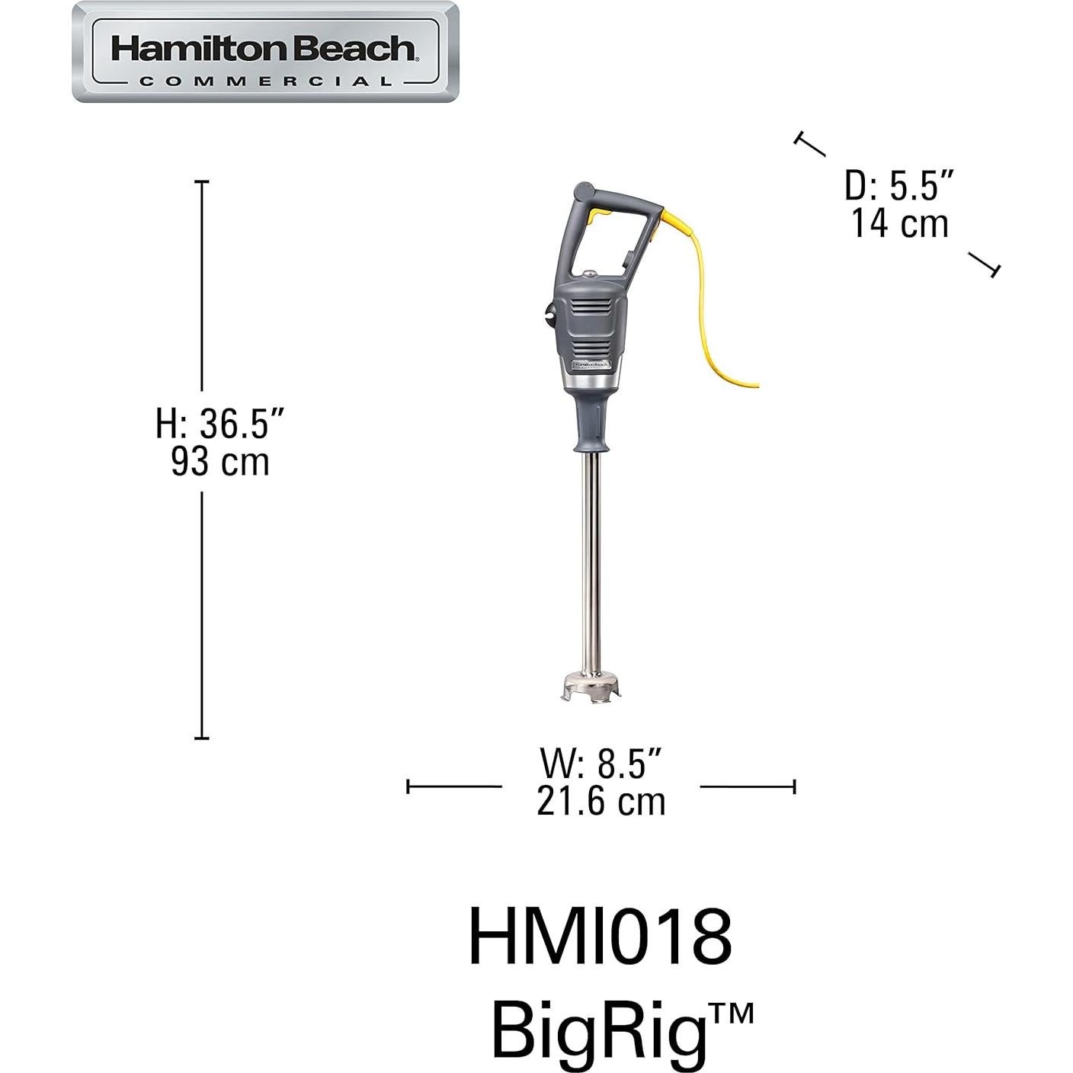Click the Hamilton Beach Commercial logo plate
click(265, 52)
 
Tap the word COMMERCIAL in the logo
click(265, 81)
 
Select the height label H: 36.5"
click(220, 424)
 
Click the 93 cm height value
click(220, 462)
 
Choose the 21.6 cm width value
click(601, 802)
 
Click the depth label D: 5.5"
click(899, 186)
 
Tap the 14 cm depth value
click(899, 224)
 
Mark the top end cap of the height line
click(202, 181)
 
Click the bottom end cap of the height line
click(202, 738)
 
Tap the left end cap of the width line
click(408, 786)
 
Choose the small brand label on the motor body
click(591, 365)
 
